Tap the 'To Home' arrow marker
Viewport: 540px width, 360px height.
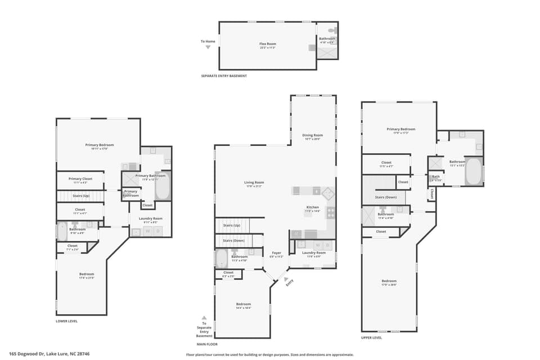(208, 47)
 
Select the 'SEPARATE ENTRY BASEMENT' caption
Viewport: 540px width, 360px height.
(224, 76)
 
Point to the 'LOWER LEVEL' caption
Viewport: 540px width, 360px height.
(66, 321)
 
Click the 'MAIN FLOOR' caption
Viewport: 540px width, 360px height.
(207, 344)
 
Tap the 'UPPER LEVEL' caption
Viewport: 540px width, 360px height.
(371, 337)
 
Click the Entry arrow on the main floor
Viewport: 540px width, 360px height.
(286, 278)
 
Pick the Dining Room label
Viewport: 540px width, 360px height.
(313, 136)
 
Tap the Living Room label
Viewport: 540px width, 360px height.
(254, 183)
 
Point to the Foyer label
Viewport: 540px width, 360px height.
(276, 254)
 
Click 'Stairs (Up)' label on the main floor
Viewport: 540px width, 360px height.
(232, 225)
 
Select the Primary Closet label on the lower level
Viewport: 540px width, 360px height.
(80, 179)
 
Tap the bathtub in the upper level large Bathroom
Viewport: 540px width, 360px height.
(474, 171)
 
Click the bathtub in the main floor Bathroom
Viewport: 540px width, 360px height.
(221, 259)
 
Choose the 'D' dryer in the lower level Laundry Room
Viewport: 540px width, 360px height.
(159, 231)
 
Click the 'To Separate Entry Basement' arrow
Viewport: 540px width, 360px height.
(204, 318)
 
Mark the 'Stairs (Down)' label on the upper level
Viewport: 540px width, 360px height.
(386, 197)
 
